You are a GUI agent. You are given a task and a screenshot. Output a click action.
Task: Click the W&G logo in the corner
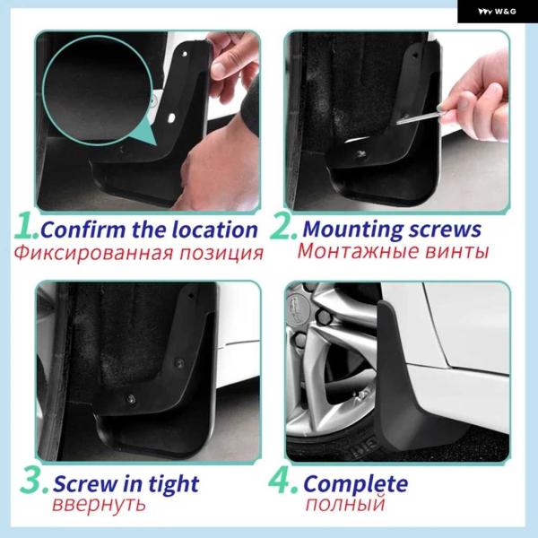pyautogui.click(x=497, y=12)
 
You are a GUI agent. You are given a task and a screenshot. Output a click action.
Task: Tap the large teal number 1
pyautogui.click(x=26, y=226)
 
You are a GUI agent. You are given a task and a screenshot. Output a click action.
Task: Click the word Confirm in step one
pyautogui.click(x=83, y=230)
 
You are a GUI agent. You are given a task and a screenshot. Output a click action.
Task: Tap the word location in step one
pyautogui.click(x=214, y=230)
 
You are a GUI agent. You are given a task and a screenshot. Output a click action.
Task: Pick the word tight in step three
pyautogui.click(x=174, y=484)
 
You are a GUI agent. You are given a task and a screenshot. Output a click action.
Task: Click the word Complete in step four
pyautogui.click(x=356, y=484)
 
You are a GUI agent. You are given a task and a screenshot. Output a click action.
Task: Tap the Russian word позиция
pyautogui.click(x=221, y=254)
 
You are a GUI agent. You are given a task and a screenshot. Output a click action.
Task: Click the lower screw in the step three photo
pyautogui.click(x=131, y=399)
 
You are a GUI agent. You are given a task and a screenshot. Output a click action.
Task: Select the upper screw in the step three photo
pyautogui.click(x=178, y=362)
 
